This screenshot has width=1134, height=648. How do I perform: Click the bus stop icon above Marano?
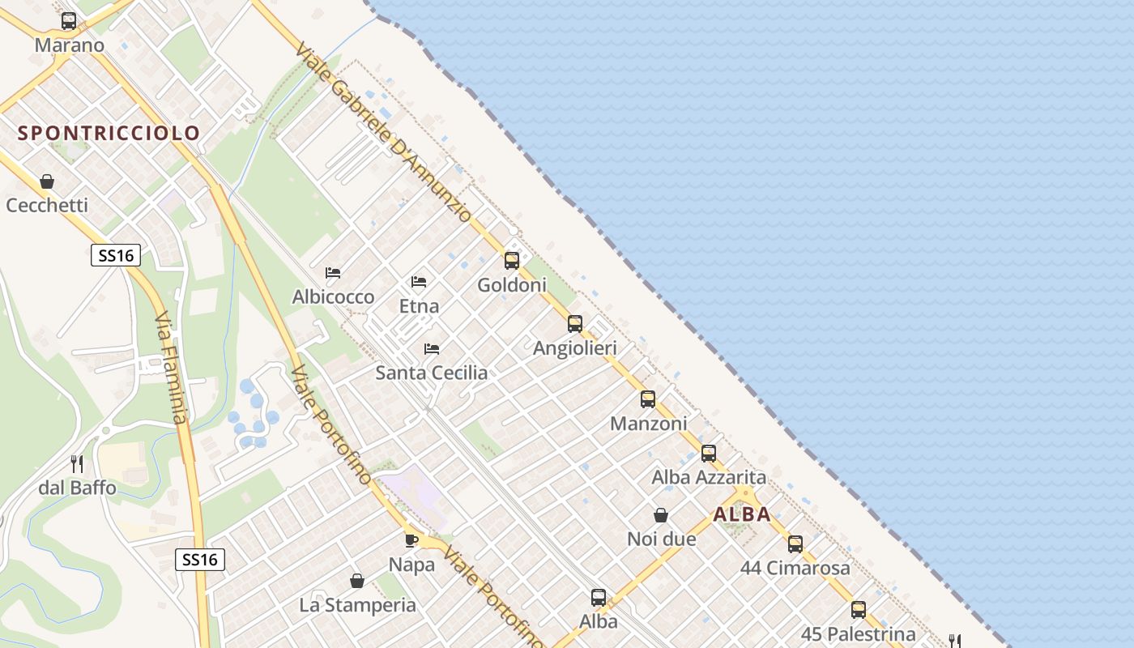(69, 21)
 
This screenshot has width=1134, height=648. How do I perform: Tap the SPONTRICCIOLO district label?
(109, 133)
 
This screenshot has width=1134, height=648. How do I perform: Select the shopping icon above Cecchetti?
(47, 181)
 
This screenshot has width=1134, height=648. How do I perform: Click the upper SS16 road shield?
(115, 256)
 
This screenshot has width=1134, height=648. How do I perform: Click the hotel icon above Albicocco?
(333, 273)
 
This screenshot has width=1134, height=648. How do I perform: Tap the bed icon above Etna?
(419, 282)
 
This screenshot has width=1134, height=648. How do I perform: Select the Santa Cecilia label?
(432, 373)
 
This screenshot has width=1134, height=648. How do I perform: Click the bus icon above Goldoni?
(512, 260)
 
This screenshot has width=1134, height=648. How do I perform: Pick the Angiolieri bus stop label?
(575, 348)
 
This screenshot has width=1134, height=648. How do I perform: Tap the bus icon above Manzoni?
(648, 399)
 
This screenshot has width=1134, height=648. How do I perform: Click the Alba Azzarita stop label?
(709, 477)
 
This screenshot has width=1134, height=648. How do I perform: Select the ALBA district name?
(742, 514)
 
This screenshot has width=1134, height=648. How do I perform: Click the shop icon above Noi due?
(661, 515)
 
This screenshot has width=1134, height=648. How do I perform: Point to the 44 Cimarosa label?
(795, 568)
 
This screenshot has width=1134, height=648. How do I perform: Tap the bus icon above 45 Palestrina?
(859, 609)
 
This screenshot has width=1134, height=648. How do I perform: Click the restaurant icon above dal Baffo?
(77, 464)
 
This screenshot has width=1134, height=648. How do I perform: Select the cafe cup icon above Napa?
(411, 540)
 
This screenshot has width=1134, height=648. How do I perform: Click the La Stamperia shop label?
(357, 605)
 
